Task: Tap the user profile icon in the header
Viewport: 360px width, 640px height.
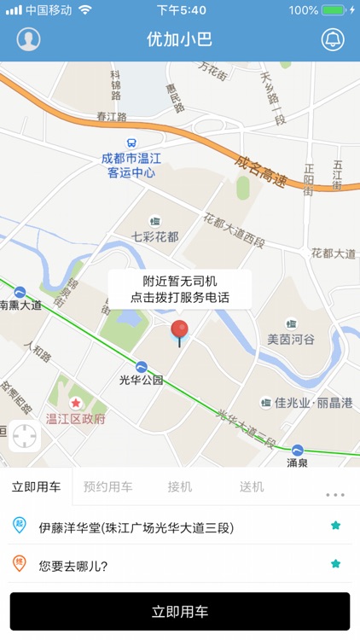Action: point(28,39)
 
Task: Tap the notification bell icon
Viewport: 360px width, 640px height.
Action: point(332,39)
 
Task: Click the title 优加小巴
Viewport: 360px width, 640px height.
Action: point(179,39)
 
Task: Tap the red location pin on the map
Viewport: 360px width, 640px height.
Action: point(179,331)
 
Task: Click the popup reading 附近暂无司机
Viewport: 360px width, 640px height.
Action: point(179,289)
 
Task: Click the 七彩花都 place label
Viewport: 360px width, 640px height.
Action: point(154,236)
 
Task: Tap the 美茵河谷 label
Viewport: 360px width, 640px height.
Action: point(291,339)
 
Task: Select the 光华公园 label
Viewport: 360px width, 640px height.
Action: point(141,380)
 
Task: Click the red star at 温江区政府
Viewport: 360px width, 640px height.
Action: point(76,403)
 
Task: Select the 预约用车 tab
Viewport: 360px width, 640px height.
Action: point(107,487)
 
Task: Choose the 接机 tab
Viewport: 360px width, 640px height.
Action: point(179,487)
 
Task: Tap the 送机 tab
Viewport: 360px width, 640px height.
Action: point(252,487)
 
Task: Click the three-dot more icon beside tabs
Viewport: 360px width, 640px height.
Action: point(334,494)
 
